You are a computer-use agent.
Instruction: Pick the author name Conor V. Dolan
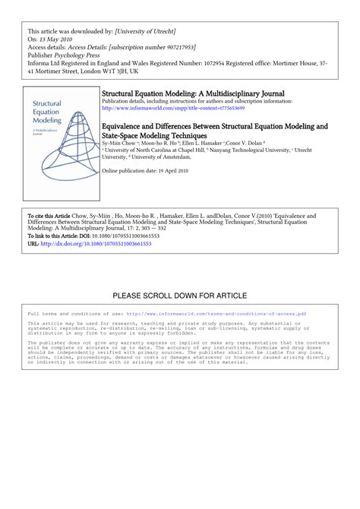(x=248, y=142)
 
